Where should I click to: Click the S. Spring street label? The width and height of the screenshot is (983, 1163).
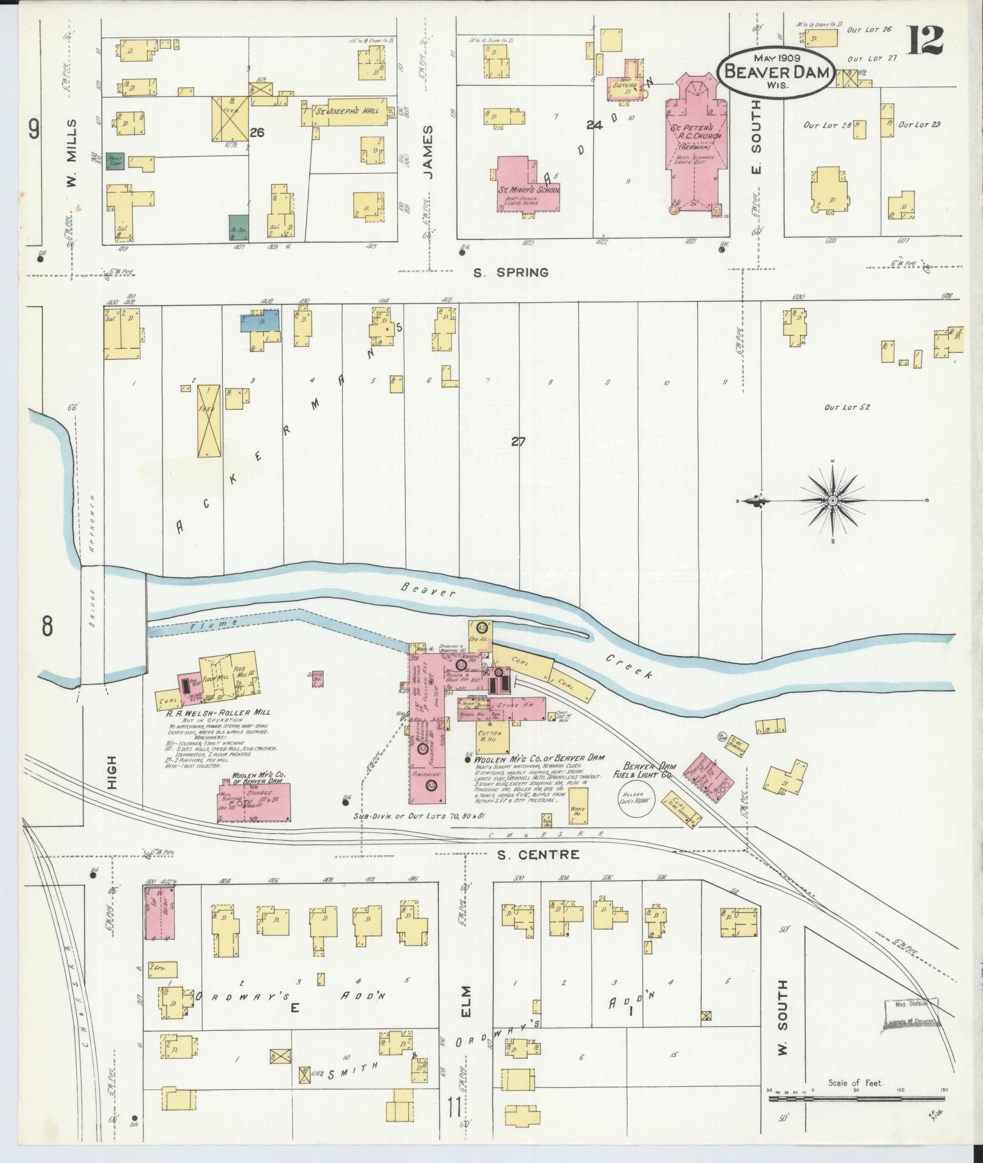510,273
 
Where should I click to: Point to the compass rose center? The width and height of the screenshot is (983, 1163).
833,501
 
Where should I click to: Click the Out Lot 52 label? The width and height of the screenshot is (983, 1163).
847,407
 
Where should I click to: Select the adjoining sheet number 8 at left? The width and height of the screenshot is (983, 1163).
48,627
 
